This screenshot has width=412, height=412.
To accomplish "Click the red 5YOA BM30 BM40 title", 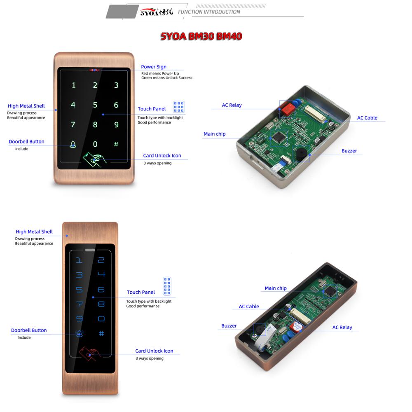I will point(201,37).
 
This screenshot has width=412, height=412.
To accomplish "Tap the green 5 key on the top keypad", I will point(95,105).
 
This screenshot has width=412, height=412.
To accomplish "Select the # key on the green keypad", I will point(116,144).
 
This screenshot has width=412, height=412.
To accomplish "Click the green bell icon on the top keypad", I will point(73,144).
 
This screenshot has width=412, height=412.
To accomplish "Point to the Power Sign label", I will point(154,67).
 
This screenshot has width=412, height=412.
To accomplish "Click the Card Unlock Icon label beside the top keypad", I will point(162,156).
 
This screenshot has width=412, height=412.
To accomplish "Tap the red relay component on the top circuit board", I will point(287,109).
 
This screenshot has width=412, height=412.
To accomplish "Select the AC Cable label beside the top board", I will point(367,118).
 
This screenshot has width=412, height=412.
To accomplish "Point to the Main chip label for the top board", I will point(215,134).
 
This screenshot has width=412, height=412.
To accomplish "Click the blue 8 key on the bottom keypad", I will point(101,304).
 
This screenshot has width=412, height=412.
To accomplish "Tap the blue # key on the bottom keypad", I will point(101,334).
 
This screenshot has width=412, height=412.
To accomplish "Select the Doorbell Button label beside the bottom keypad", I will point(29,330).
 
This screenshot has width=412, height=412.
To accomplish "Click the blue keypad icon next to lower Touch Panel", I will point(167,286).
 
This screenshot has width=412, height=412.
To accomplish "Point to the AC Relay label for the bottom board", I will point(342,328).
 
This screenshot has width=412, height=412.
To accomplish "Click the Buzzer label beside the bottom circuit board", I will point(229,326).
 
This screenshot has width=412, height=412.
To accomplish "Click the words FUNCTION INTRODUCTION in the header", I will point(209,12).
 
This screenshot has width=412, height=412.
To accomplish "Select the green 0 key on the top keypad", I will point(95,144).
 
